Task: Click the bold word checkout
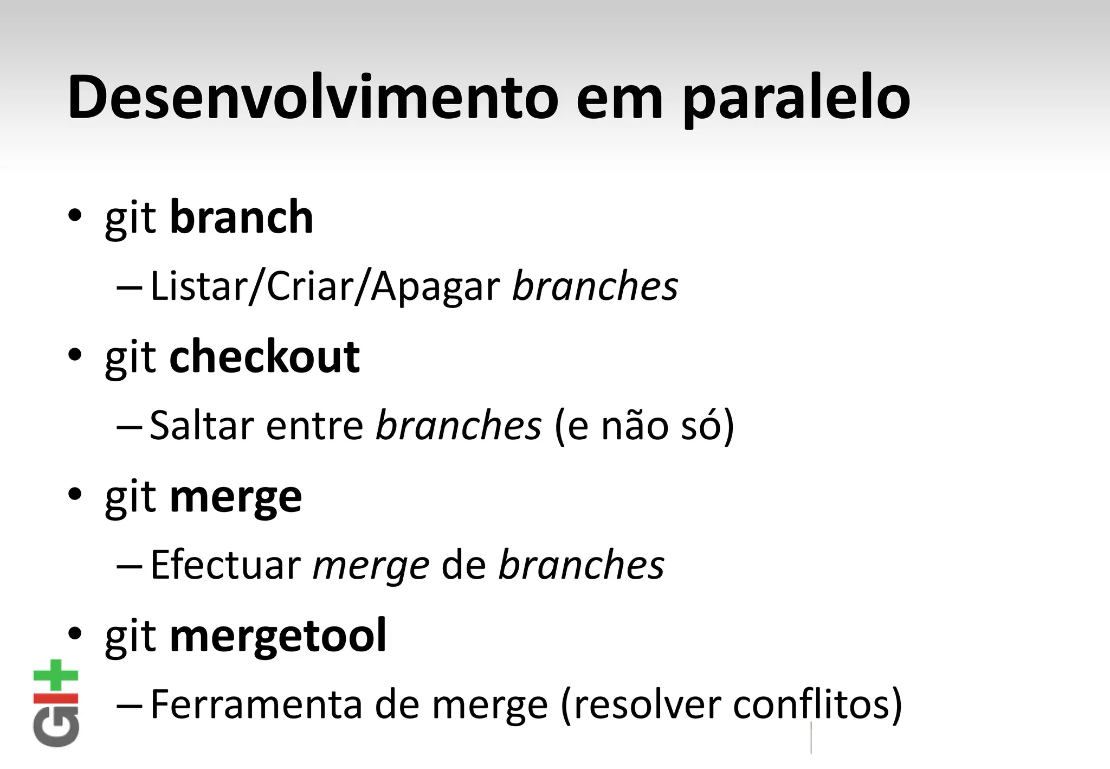pyautogui.click(x=264, y=356)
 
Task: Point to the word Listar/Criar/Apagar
pyautogui.click(x=325, y=286)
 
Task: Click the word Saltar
pyautogui.click(x=202, y=425)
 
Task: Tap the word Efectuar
pyautogui.click(x=225, y=565)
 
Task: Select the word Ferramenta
pyautogui.click(x=257, y=704)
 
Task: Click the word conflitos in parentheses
pyautogui.click(x=811, y=704)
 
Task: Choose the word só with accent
pyautogui.click(x=699, y=425)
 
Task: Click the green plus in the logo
pyautogui.click(x=56, y=675)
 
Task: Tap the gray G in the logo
pyautogui.click(x=56, y=727)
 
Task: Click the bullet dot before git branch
pyautogui.click(x=75, y=216)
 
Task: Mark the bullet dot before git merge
pyautogui.click(x=75, y=495)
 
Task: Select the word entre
pyautogui.click(x=314, y=425)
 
